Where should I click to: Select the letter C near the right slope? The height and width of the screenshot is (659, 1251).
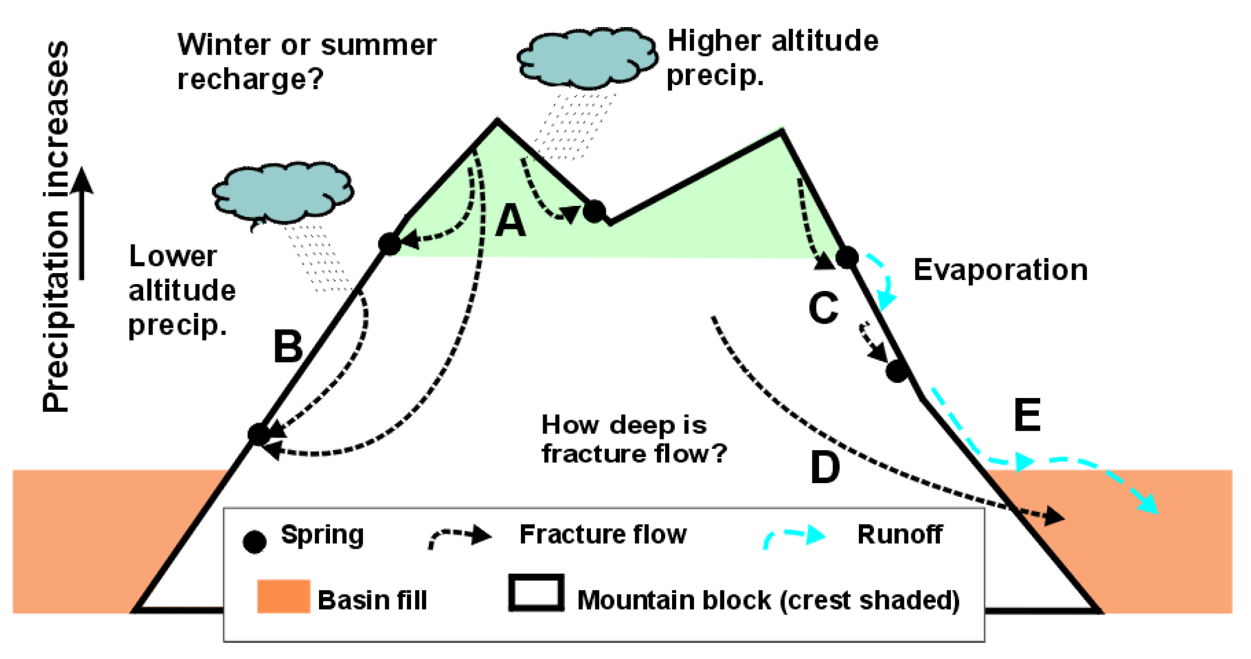pyautogui.click(x=823, y=308)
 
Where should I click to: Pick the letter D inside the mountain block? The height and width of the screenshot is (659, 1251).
pyautogui.click(x=825, y=468)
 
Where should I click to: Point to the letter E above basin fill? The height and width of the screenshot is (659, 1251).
pyautogui.click(x=1027, y=415)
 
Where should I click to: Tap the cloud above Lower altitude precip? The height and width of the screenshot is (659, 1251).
pyautogui.click(x=283, y=193)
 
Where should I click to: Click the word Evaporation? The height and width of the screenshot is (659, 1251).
pyautogui.click(x=1000, y=270)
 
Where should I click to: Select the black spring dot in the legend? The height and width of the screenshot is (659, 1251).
pyautogui.click(x=255, y=541)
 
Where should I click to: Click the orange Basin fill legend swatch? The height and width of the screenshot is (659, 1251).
pyautogui.click(x=283, y=596)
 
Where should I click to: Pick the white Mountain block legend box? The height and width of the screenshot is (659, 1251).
pyautogui.click(x=536, y=593)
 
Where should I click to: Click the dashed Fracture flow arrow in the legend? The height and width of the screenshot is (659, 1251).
pyautogui.click(x=460, y=537)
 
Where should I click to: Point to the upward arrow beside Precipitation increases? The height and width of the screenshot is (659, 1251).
pyautogui.click(x=82, y=224)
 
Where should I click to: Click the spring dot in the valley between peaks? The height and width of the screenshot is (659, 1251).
pyautogui.click(x=594, y=211)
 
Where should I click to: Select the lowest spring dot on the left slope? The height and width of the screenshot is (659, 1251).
pyautogui.click(x=259, y=434)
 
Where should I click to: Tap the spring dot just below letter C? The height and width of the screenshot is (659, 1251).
pyautogui.click(x=897, y=371)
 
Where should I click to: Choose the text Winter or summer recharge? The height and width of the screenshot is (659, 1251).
pyautogui.click(x=306, y=62)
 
